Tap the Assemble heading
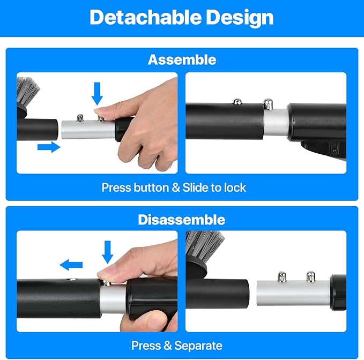tap(181, 59)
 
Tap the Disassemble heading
tap(181, 220)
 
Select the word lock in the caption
tap(235, 187)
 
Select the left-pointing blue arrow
tap(71, 264)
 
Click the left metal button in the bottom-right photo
tap(280, 277)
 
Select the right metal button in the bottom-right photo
tap(309, 277)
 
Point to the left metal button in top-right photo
tap(236, 102)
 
